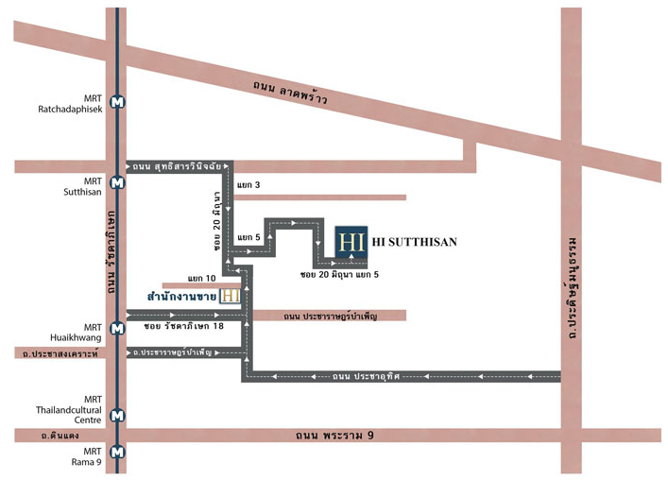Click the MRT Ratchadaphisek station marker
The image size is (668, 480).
click(117, 102)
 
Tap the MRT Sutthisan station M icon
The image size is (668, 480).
click(117, 182)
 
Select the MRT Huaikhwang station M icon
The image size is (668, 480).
click(117, 329)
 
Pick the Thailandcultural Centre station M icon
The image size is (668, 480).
click(117, 415)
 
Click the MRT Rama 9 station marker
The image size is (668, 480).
click(117, 452)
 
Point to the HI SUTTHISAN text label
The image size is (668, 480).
click(414, 242)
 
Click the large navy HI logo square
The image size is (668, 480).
click(351, 242)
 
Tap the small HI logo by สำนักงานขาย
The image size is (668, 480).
click(230, 296)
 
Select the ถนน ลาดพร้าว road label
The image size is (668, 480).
click(290, 93)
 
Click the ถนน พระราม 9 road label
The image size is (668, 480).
click(334, 436)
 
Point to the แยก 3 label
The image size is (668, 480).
click(248, 185)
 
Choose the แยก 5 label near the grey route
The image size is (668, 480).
click(248, 237)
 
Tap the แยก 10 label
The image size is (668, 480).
click(201, 278)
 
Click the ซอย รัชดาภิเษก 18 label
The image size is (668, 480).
click(183, 326)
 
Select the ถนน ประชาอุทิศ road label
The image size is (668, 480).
click(366, 376)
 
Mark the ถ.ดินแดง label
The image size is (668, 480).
click(60, 436)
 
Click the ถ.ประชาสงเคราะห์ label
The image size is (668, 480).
click(60, 353)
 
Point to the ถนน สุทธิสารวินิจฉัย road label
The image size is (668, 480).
click(177, 166)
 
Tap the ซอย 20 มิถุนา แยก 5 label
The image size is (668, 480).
click(339, 275)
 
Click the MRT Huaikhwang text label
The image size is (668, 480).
click(76, 333)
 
